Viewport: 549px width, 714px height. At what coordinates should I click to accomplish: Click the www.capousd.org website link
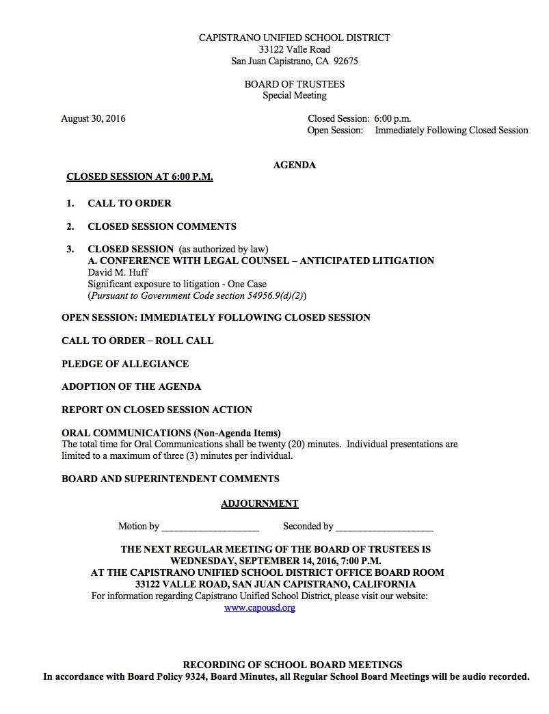point(260,607)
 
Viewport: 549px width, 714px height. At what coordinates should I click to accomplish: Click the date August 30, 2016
point(93,118)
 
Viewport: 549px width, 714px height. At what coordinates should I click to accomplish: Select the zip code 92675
point(345,61)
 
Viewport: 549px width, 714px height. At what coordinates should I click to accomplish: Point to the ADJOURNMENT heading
point(259,503)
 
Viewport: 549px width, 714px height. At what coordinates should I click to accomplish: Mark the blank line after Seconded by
point(384,527)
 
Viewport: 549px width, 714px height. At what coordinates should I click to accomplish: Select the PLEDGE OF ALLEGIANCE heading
point(125,364)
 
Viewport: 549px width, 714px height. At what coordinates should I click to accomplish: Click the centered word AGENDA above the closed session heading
point(294,165)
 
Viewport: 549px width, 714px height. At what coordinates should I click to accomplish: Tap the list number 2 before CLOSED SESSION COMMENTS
point(70,226)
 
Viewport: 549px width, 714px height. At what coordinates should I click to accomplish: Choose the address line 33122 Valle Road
point(294,49)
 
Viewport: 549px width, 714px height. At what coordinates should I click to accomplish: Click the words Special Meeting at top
point(294,95)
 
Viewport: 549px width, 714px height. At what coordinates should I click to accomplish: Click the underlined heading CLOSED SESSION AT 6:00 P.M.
point(139,176)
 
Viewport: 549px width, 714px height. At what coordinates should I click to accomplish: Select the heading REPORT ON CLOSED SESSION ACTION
point(157,410)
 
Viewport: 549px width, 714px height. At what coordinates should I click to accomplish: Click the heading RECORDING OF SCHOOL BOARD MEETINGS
point(292,665)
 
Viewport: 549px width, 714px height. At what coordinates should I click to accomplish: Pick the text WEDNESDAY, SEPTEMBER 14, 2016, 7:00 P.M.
point(276,561)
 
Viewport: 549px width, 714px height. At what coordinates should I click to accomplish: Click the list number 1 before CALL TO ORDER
point(70,203)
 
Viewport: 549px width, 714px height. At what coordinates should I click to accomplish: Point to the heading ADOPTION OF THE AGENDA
point(131,386)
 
